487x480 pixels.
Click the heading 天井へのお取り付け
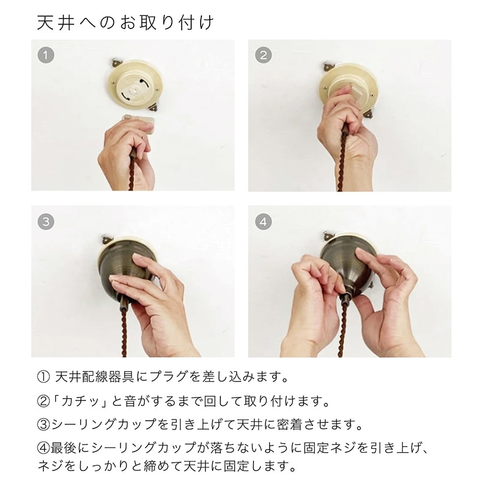point(125,23)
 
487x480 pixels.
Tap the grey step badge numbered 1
point(46,56)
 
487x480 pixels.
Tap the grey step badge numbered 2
point(263,56)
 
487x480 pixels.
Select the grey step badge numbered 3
point(46,222)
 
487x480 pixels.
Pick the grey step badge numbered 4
point(263,222)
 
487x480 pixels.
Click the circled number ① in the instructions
point(43,377)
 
